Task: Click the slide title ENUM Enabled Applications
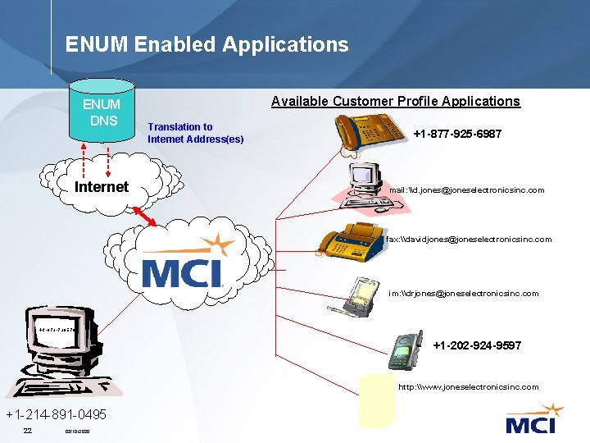click(x=206, y=44)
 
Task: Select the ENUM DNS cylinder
click(x=102, y=110)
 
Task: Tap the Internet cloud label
click(x=102, y=187)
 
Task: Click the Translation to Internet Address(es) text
click(x=195, y=133)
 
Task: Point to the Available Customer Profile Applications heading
click(x=395, y=101)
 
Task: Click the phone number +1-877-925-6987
click(x=457, y=133)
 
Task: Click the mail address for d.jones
click(x=466, y=190)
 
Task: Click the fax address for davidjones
click(x=468, y=240)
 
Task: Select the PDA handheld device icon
click(x=361, y=293)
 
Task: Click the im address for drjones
click(x=463, y=293)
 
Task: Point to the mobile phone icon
click(x=402, y=351)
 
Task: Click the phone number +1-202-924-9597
click(x=476, y=345)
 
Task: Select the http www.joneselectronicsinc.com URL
click(x=468, y=386)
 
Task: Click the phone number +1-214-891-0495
click(x=56, y=414)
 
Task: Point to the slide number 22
click(x=27, y=431)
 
